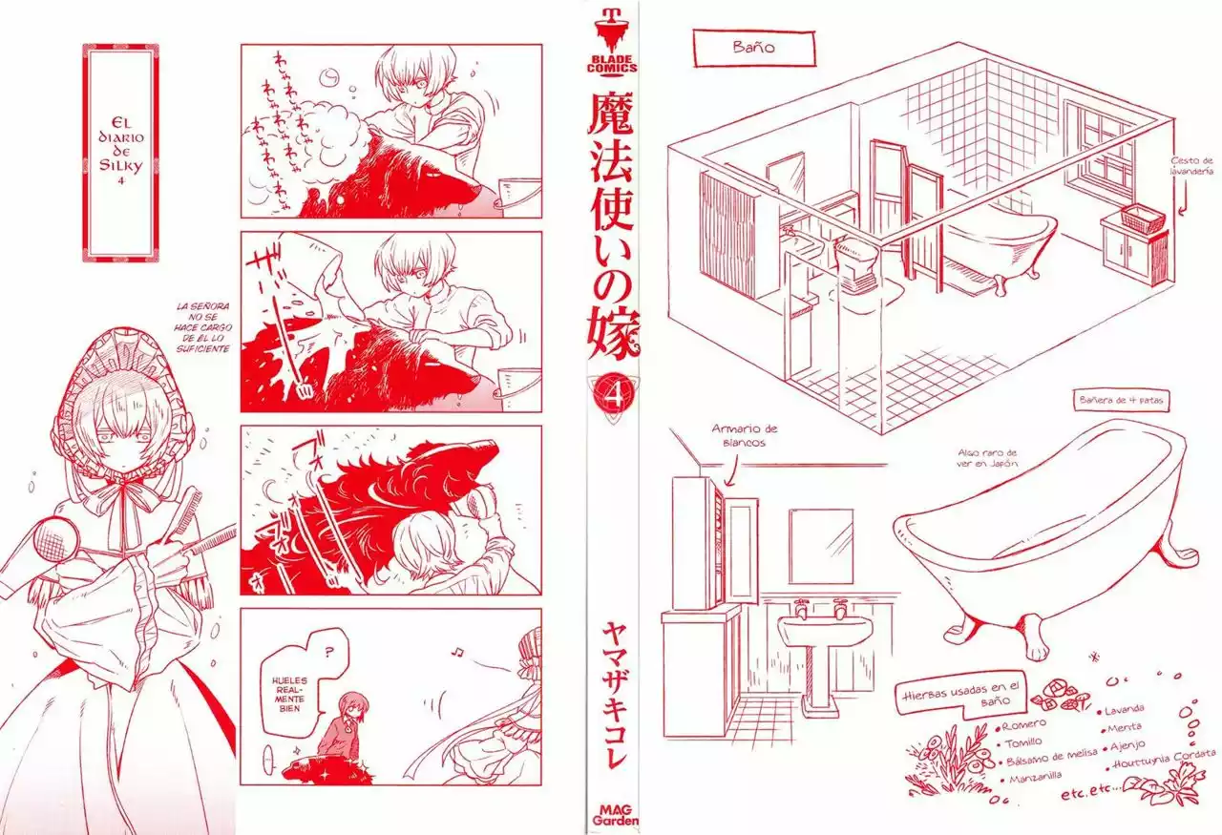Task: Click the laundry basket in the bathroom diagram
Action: point(1144,218)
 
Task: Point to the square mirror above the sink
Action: point(820,544)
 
